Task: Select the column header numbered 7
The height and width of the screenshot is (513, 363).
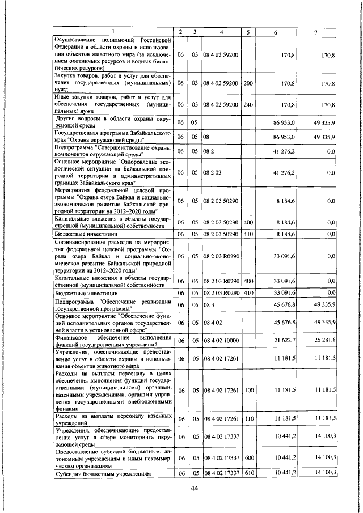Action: [x=315, y=32]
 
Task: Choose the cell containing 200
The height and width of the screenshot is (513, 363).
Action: [x=248, y=83]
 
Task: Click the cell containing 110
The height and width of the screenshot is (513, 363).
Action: [x=248, y=418]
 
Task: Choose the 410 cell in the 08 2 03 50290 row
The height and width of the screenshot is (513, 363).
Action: [x=248, y=234]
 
